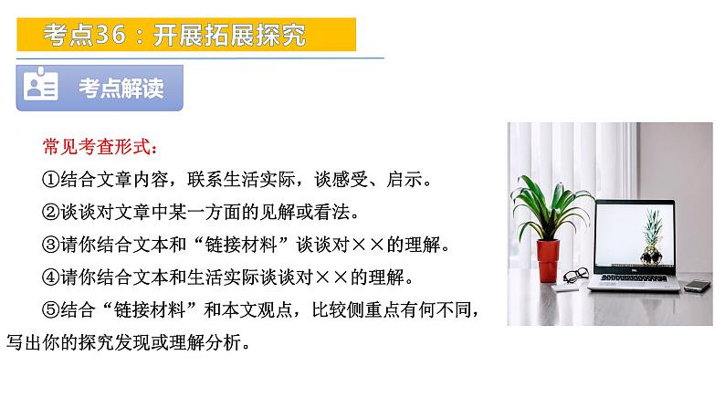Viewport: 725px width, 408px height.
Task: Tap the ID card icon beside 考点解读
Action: (x=42, y=87)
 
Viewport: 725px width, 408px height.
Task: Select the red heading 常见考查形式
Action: (x=100, y=146)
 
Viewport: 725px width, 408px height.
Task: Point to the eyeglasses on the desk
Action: (x=575, y=274)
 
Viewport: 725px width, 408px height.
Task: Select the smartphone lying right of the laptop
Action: (x=698, y=286)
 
